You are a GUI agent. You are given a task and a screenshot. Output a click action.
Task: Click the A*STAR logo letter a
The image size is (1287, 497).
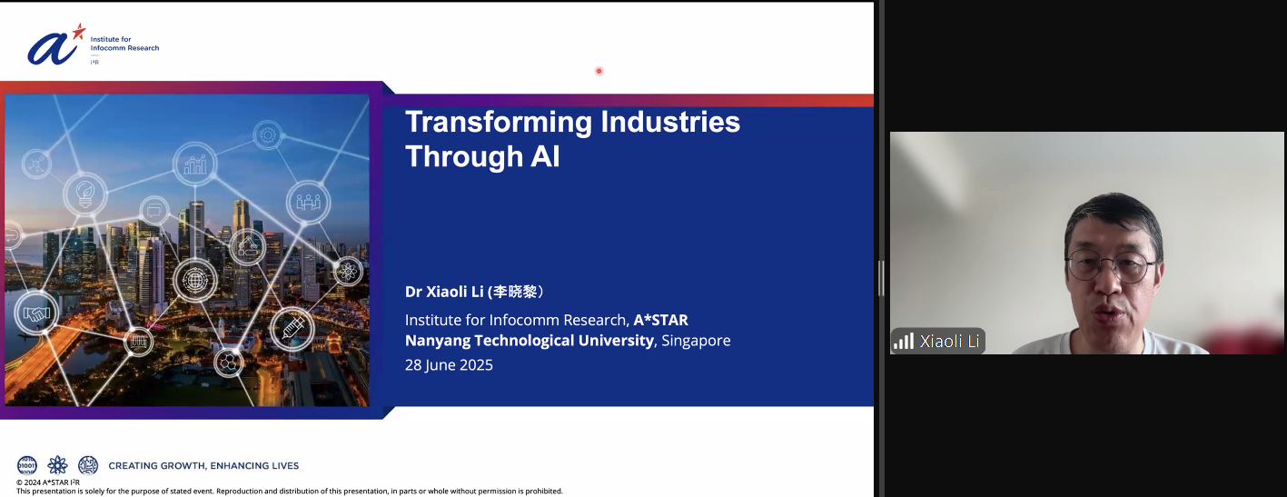coord(52,49)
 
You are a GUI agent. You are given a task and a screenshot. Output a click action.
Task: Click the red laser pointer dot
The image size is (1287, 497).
coord(599,71)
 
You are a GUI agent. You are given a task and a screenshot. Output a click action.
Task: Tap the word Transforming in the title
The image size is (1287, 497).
coord(499,123)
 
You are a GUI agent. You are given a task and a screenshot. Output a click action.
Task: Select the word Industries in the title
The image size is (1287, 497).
coord(670,122)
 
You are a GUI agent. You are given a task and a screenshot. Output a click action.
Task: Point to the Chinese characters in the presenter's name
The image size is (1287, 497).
coord(515,292)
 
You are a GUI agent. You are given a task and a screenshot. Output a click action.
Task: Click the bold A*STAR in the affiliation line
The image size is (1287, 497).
coord(660,320)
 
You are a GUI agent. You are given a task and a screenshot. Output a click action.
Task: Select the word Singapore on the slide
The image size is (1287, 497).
coord(696,341)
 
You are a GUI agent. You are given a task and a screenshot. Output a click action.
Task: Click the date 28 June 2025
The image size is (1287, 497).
coord(449,365)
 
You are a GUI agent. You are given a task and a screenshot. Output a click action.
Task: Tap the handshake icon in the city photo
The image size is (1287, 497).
coord(36,313)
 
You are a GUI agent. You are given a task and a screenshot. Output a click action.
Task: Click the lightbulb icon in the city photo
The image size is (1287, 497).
coord(85,194)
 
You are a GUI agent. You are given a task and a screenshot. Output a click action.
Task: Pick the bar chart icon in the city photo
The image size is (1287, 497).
coord(194,164)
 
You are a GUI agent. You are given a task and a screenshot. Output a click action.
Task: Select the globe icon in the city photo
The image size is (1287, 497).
coord(194,281)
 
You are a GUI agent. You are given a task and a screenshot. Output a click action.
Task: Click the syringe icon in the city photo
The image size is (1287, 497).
coord(292,329)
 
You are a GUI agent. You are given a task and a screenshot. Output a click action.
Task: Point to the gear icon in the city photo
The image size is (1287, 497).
coord(268,135)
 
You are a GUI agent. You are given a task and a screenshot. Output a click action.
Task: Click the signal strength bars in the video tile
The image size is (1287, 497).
coord(903,342)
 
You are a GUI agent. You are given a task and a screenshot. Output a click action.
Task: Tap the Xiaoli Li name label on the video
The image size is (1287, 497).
coord(949,342)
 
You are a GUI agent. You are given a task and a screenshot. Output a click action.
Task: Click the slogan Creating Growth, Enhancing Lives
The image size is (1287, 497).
coord(203,466)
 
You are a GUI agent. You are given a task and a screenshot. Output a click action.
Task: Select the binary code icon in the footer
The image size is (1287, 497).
coord(27,465)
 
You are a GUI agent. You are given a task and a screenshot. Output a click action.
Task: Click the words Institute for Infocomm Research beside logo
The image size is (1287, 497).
coord(124,44)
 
